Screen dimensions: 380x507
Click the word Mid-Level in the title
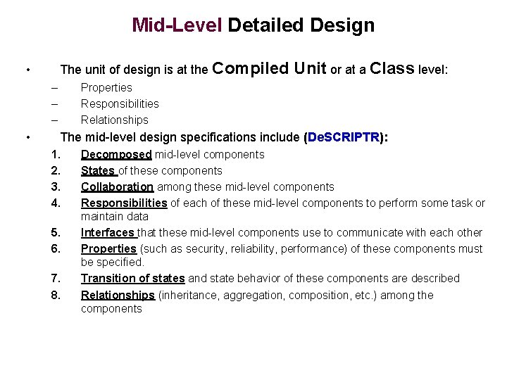(x=177, y=26)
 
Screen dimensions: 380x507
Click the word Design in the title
(x=340, y=26)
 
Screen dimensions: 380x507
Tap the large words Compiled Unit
(x=269, y=68)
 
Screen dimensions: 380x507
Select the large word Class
(x=392, y=68)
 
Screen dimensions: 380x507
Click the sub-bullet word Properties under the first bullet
(x=106, y=87)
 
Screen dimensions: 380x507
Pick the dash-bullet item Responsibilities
(x=120, y=103)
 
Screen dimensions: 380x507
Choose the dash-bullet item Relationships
(x=114, y=120)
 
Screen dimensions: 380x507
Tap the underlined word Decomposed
(x=116, y=154)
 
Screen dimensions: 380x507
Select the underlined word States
(x=98, y=170)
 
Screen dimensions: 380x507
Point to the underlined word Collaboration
(x=117, y=186)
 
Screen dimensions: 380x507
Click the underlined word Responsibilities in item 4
(x=124, y=203)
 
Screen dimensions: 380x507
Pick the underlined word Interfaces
(x=108, y=232)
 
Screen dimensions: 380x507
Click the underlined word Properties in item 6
(x=108, y=248)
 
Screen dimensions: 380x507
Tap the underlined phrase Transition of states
(x=132, y=278)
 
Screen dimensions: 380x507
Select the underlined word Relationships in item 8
(x=118, y=295)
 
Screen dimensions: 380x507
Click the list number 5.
(x=56, y=232)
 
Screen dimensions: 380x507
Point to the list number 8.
(x=56, y=295)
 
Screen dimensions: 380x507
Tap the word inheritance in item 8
(x=188, y=295)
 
